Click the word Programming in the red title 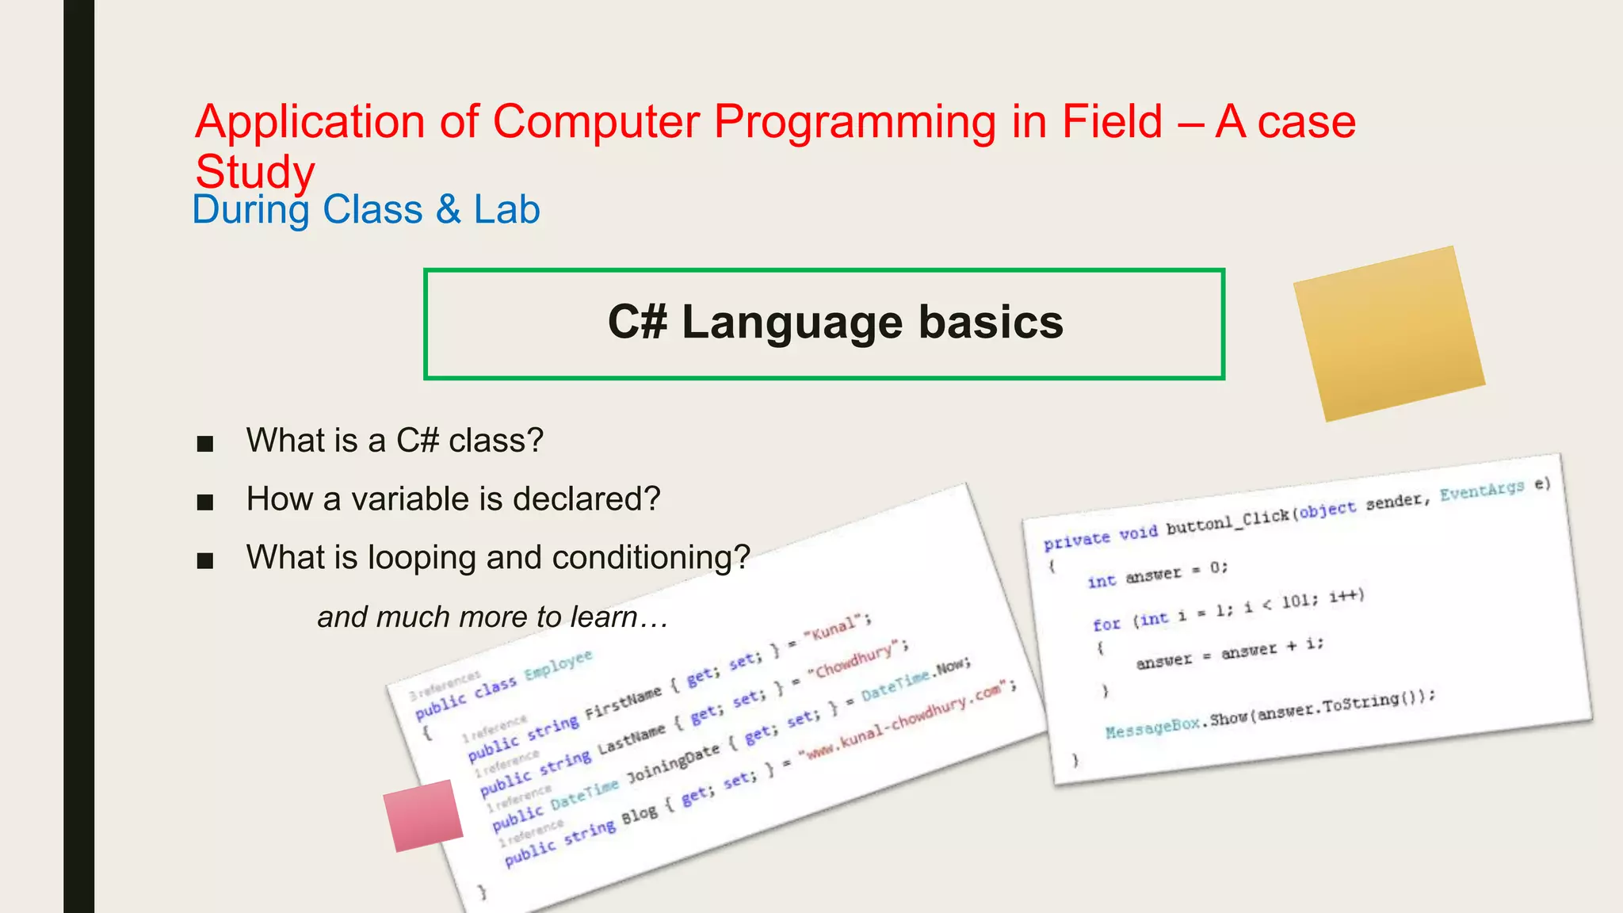pyautogui.click(x=854, y=124)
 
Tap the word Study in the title pyautogui.click(x=254, y=172)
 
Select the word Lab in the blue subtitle pyautogui.click(x=506, y=210)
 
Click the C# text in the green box pyautogui.click(x=637, y=323)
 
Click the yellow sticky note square pyautogui.click(x=1389, y=334)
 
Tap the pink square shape pyautogui.click(x=422, y=816)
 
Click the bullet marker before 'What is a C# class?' pyautogui.click(x=205, y=443)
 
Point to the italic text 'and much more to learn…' pyautogui.click(x=492, y=617)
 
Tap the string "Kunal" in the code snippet pyautogui.click(x=835, y=627)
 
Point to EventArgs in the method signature pyautogui.click(x=1481, y=491)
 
